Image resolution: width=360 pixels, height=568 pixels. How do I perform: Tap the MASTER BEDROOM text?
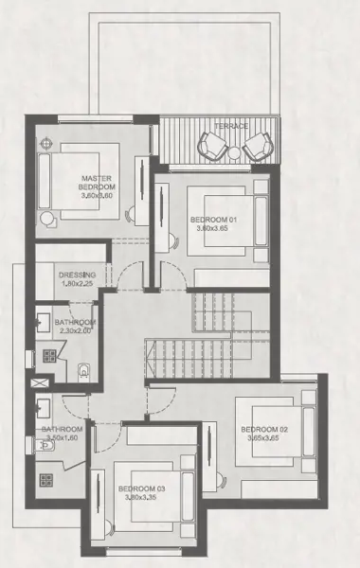[97, 182]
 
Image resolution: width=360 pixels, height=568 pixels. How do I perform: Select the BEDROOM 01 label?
[212, 220]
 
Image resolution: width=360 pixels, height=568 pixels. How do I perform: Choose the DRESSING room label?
[76, 275]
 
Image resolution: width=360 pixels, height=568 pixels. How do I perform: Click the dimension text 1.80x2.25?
[76, 285]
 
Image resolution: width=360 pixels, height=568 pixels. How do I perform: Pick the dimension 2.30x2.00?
[74, 331]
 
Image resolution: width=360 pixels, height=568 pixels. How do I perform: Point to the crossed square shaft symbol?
[40, 385]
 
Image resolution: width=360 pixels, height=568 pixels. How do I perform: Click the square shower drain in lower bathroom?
[44, 479]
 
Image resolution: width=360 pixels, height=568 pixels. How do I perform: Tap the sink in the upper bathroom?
[44, 321]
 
